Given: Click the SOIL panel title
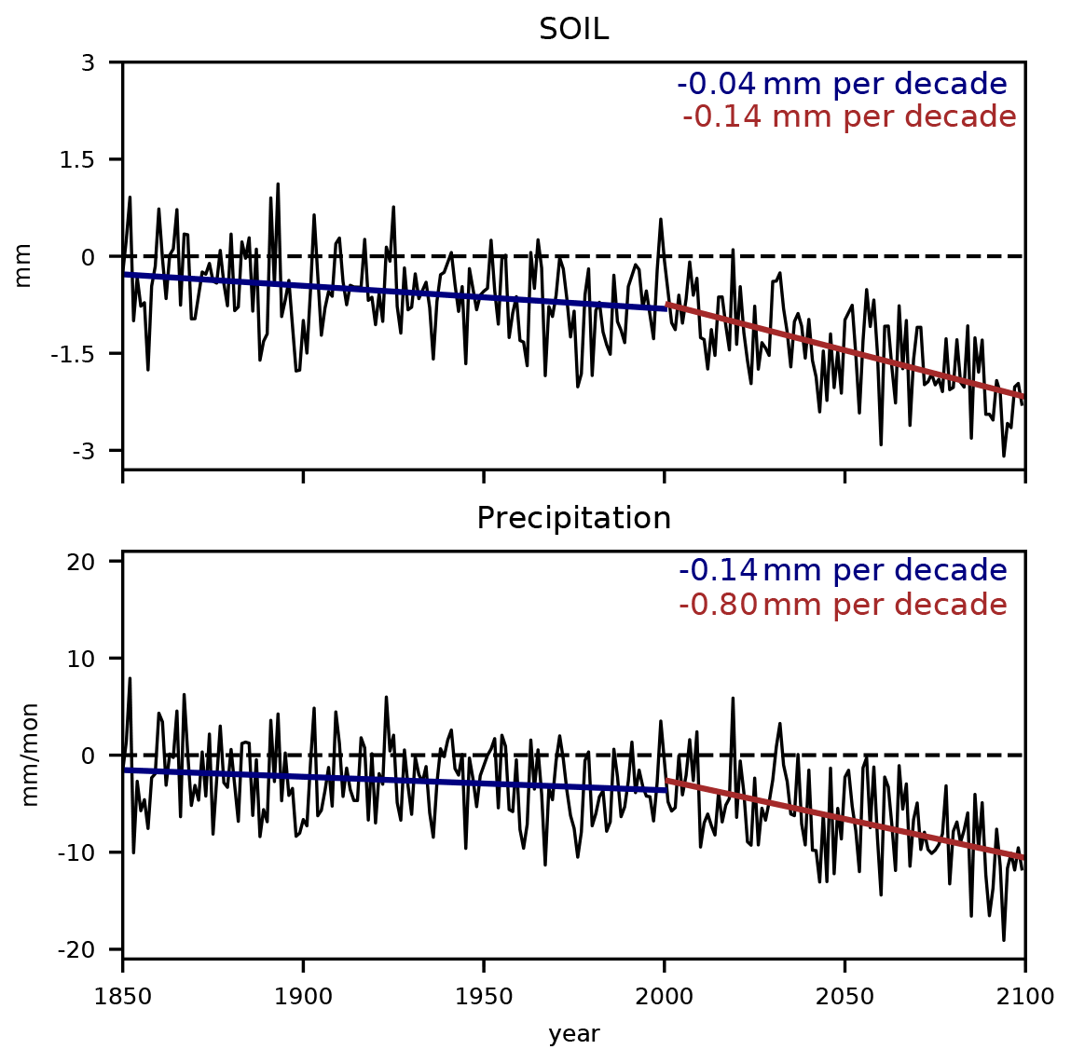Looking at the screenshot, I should point(573,30).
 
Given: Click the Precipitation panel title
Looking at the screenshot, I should point(573,518).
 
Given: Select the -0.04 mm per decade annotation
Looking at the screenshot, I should point(842,85).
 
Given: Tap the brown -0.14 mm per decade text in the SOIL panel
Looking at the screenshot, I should point(849,117).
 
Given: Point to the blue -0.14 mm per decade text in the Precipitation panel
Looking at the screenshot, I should point(843,571).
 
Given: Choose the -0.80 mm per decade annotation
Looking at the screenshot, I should point(843,606).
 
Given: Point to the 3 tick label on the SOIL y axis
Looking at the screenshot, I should point(103,63).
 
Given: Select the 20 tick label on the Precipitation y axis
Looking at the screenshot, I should point(96,562).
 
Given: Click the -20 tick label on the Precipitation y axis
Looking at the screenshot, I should point(92,949).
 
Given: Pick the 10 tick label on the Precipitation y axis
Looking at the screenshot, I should point(96,659).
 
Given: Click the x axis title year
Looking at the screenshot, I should point(573,1034).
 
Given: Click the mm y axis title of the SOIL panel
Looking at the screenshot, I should point(23,265).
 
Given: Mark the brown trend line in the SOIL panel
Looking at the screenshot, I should point(844,351).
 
